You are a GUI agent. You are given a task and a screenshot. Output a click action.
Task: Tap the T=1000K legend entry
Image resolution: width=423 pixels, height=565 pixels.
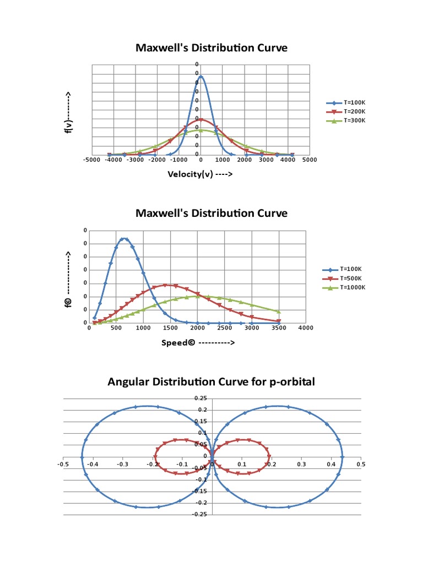[343, 287]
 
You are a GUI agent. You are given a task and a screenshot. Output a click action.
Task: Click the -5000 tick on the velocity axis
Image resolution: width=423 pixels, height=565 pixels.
[92, 160]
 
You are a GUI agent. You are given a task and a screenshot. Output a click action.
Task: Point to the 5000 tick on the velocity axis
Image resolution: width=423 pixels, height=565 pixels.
[309, 160]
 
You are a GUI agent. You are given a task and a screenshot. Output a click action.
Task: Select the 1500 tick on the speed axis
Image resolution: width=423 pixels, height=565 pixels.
[170, 328]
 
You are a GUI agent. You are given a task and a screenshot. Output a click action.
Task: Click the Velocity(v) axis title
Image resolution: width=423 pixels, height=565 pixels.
[200, 174]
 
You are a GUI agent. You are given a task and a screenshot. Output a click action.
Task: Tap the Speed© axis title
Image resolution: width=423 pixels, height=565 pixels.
[198, 342]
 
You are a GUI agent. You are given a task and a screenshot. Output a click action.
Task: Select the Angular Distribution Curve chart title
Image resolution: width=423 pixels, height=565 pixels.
[211, 381]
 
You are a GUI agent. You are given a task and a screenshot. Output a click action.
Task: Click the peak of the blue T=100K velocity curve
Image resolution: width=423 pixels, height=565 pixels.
[200, 77]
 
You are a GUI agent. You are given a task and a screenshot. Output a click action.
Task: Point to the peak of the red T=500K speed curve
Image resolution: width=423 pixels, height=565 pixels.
[165, 285]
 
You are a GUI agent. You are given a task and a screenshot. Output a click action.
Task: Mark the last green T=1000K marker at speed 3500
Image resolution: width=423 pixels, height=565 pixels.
[279, 312]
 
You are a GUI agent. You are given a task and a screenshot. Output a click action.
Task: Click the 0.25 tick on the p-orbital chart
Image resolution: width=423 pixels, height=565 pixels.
[201, 398]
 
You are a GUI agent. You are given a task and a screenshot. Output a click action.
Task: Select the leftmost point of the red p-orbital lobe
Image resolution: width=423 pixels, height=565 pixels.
[155, 457]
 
